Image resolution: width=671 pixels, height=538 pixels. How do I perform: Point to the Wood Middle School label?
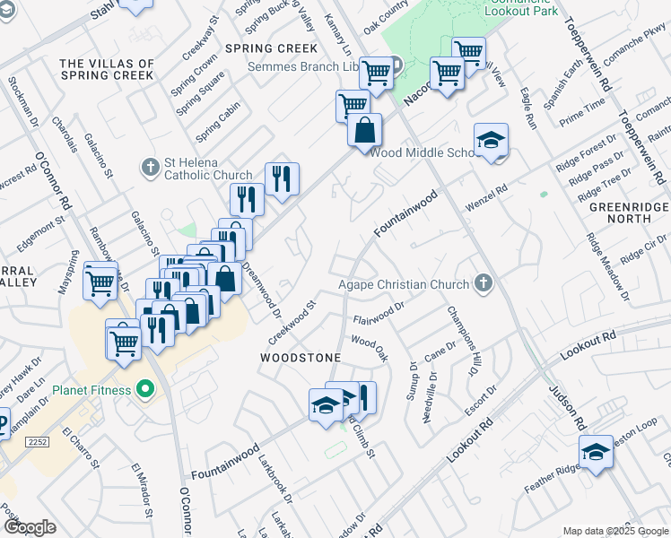(423, 152)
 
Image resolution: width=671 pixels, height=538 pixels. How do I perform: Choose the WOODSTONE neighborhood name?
(300, 358)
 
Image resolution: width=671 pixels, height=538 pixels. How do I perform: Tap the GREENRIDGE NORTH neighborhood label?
(627, 212)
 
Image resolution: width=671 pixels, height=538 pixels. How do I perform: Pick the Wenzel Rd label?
(485, 198)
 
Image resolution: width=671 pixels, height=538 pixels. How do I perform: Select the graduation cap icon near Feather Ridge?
(596, 453)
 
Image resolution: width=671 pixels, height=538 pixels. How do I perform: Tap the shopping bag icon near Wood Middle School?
(365, 131)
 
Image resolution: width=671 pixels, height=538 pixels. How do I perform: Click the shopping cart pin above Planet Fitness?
(123, 340)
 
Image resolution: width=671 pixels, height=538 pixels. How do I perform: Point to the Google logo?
(30, 527)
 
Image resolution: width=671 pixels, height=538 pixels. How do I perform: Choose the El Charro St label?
(79, 447)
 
